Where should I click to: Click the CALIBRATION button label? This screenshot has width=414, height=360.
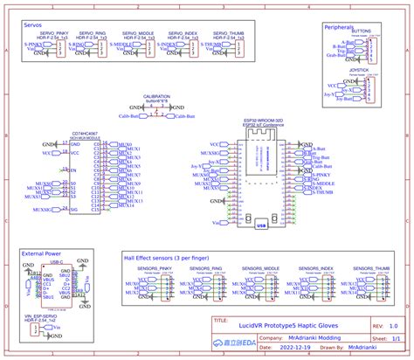[x=157, y=97]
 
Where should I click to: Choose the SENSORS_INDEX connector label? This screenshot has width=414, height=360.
[x=315, y=268]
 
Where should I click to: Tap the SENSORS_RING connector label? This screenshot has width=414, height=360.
[x=204, y=268]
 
